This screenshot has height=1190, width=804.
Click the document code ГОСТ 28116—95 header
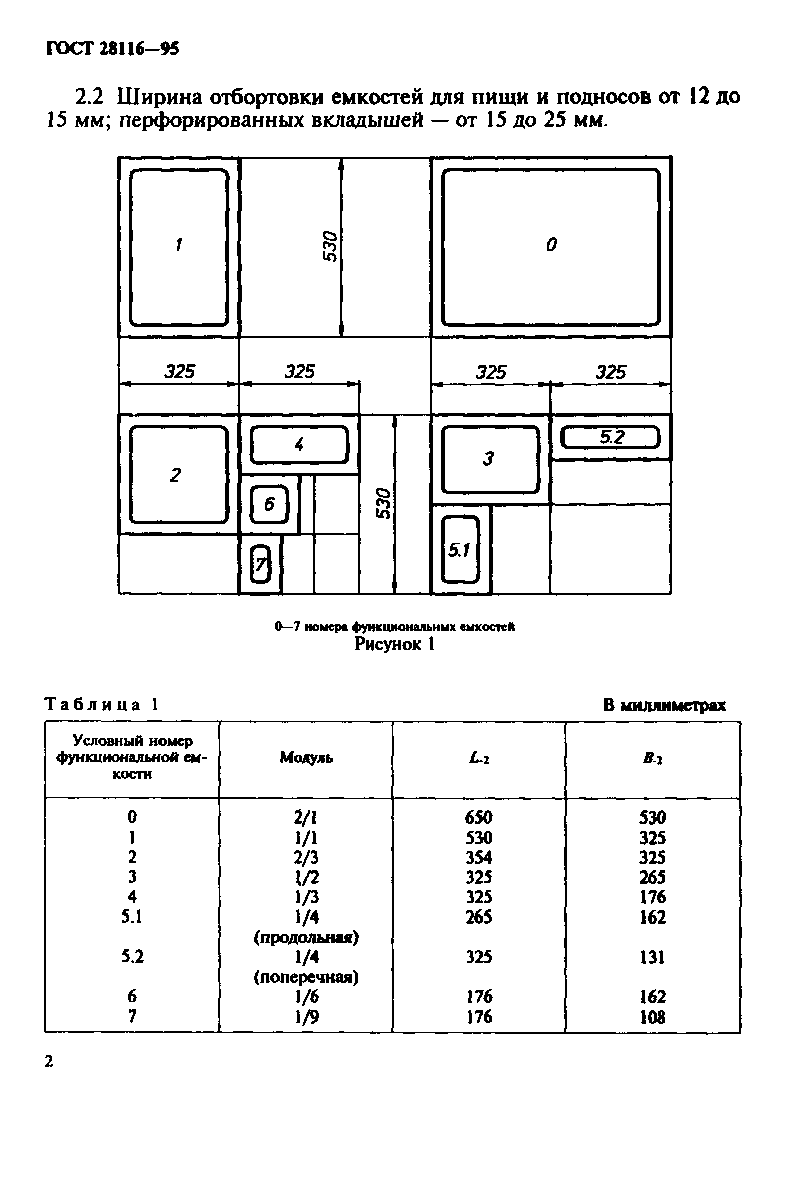[x=112, y=49]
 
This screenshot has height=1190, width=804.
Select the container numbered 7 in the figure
[x=260, y=564]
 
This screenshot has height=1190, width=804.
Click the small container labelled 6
[x=269, y=504]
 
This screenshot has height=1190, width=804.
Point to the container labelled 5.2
[x=610, y=438]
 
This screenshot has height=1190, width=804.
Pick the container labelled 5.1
[x=460, y=550]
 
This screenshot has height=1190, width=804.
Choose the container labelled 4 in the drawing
[x=299, y=444]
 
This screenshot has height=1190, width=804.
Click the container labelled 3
[x=491, y=460]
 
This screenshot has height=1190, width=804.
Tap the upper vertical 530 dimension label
[x=331, y=246]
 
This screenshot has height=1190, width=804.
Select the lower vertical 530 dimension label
[x=384, y=503]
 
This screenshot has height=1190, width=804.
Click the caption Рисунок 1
[x=394, y=644]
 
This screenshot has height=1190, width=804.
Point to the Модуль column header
[x=306, y=758]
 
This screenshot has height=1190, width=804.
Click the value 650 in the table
[x=478, y=817]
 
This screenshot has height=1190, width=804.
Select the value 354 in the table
[x=478, y=857]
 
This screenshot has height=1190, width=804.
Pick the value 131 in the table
[x=652, y=957]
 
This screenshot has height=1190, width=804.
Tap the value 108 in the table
[x=652, y=1017]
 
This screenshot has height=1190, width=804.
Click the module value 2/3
[x=306, y=857]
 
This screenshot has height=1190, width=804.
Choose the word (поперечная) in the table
[x=306, y=977]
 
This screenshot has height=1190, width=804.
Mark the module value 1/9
[x=306, y=1017]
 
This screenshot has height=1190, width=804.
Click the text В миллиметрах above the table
[x=664, y=705]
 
